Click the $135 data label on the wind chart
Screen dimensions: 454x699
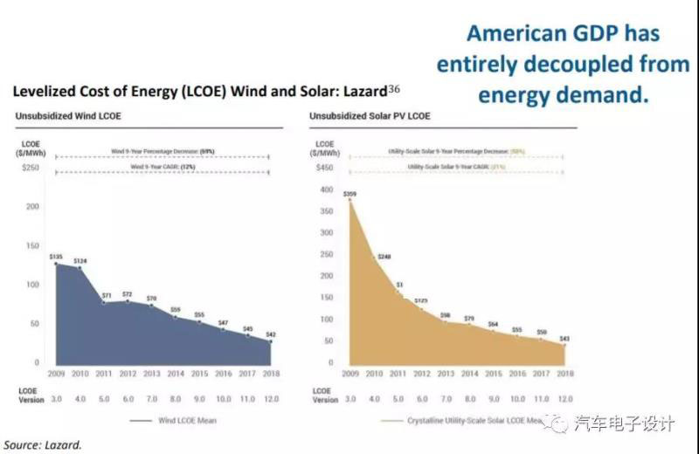point(56,257)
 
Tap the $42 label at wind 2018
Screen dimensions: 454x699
point(271,335)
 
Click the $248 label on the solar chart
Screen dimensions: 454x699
point(384,257)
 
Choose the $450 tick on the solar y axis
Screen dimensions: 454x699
point(325,167)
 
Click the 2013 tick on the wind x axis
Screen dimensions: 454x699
point(153,374)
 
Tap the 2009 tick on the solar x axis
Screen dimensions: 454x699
point(351,374)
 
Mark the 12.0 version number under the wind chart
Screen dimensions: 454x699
point(271,398)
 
